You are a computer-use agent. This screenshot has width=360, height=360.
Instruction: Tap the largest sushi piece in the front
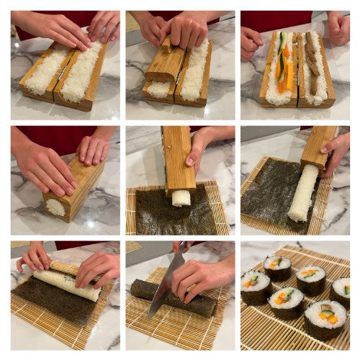(325, 318)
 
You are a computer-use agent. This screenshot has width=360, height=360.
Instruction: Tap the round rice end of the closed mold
(55, 207)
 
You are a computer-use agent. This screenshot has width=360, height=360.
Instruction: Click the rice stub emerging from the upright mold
(181, 197)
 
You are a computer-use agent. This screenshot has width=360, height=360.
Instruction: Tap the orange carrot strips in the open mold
(287, 72)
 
